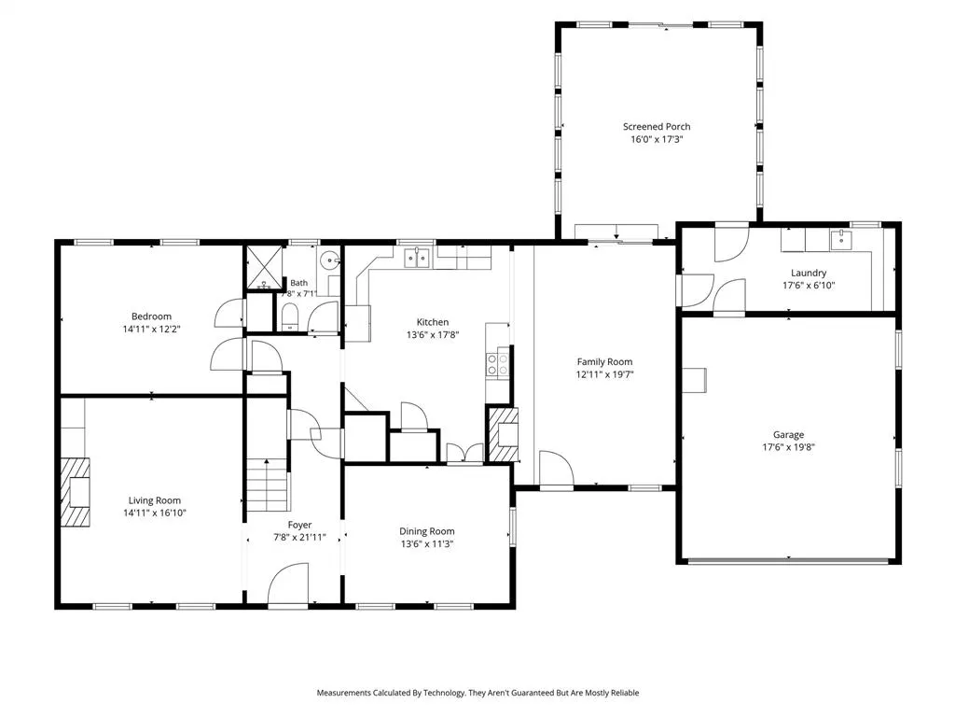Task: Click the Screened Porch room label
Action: (657, 127)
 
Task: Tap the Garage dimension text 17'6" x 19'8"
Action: (789, 447)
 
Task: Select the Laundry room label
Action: (809, 274)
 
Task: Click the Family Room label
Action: (604, 362)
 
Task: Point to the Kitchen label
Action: (433, 322)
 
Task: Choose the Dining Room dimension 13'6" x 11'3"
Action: (427, 544)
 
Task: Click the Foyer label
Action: (299, 525)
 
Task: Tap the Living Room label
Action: (155, 500)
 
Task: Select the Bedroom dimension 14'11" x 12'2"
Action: (152, 330)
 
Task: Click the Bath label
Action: (299, 283)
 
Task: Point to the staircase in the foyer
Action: (267, 485)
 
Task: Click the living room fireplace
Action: (75, 492)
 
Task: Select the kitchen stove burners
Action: (497, 364)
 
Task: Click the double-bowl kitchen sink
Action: (417, 258)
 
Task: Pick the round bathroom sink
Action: (329, 261)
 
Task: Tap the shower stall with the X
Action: (264, 266)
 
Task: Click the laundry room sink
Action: (841, 240)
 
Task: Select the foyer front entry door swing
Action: (288, 584)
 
